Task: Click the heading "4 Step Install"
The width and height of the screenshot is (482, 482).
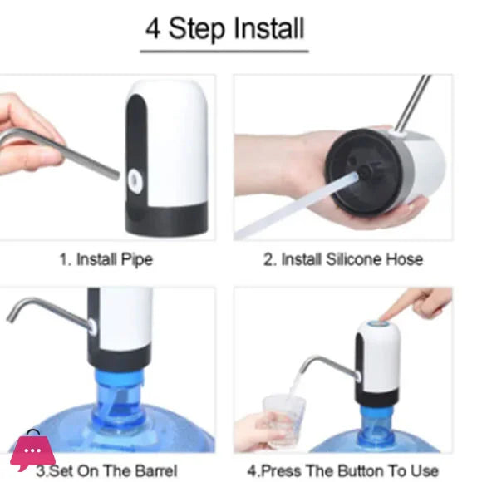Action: tap(224, 28)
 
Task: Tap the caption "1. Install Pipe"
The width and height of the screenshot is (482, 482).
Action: tap(106, 259)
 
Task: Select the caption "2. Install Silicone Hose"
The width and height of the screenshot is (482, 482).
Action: tap(342, 259)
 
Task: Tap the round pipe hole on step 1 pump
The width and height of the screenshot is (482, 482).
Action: tap(134, 176)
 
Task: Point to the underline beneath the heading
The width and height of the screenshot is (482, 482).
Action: tap(224, 52)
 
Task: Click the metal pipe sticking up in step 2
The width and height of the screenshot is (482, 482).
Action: tap(412, 104)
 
